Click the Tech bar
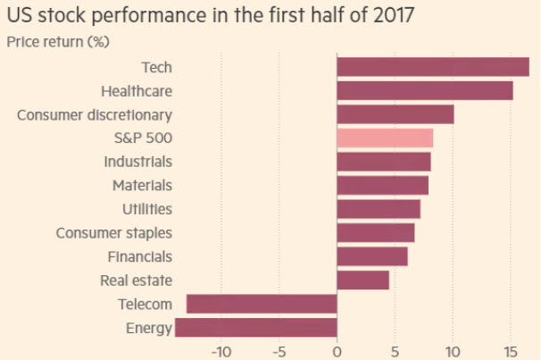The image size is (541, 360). (432, 67)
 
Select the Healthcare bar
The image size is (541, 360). (424, 91)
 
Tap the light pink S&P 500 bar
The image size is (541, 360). (385, 138)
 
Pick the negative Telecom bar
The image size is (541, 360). (262, 304)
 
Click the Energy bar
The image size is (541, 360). (256, 328)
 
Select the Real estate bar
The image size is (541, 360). (362, 280)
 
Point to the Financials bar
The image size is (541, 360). (372, 256)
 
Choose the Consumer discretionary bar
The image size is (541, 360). (395, 114)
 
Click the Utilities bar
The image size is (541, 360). (379, 209)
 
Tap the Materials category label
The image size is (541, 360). (142, 186)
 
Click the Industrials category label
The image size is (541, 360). (137, 162)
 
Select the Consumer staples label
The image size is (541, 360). (114, 233)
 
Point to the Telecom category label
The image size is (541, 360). (145, 305)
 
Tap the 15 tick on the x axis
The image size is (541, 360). (510, 350)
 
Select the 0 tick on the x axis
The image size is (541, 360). (337, 350)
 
